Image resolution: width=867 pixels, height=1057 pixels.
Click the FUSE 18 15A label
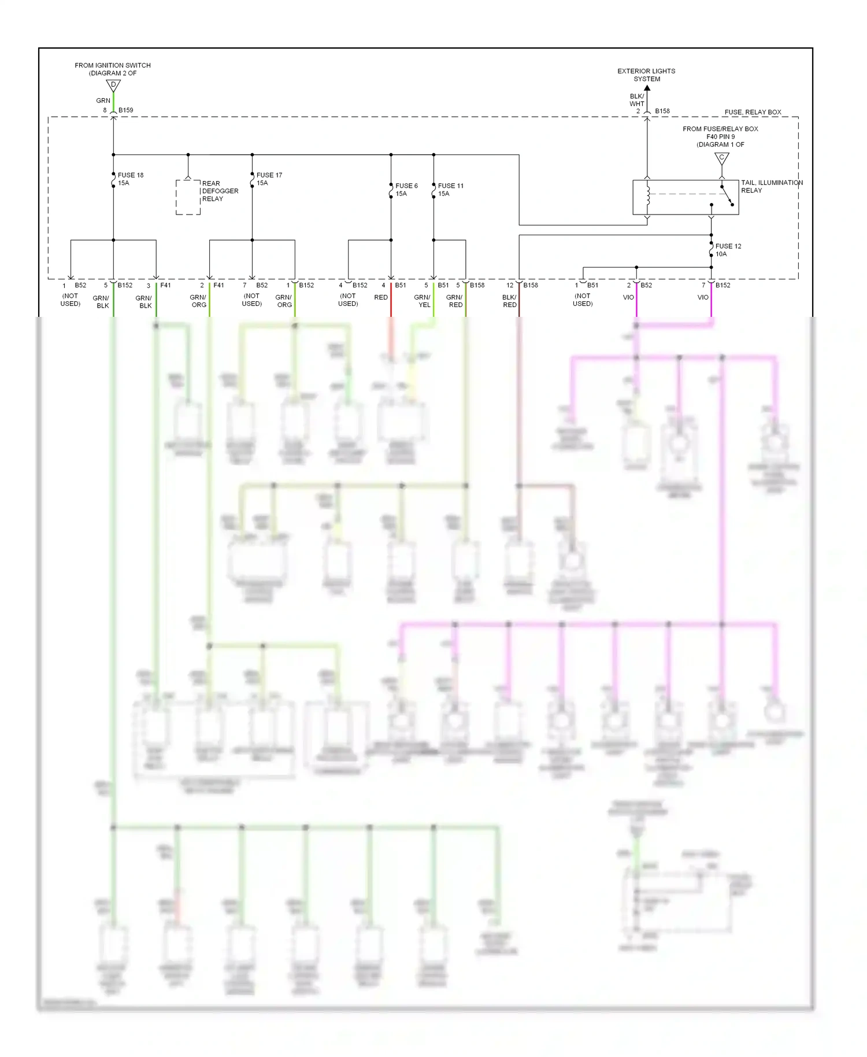tap(130, 179)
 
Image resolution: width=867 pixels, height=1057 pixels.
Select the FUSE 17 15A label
tap(269, 179)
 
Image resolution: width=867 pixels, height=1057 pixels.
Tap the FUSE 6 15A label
tap(406, 190)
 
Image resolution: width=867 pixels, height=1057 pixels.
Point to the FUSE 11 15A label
tap(450, 190)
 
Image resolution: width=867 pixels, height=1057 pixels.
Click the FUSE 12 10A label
tap(728, 250)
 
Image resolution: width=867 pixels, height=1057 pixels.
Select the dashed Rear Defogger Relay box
tap(188, 197)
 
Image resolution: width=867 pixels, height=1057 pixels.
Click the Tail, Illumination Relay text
tap(771, 186)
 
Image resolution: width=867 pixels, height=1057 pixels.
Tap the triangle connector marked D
tap(113, 86)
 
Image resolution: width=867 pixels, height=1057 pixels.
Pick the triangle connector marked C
tap(721, 158)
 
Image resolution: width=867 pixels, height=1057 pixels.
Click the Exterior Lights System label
tap(646, 75)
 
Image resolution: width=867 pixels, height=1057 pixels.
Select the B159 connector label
tap(125, 110)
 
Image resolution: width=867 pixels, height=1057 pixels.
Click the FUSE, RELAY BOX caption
tap(753, 112)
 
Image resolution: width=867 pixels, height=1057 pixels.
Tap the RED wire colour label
tap(381, 297)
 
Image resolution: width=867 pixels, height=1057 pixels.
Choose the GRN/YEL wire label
tap(423, 301)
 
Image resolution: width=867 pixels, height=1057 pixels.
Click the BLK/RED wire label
tap(509, 301)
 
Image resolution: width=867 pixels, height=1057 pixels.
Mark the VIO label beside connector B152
tap(702, 297)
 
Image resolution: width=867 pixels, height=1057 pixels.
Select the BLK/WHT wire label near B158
tap(636, 100)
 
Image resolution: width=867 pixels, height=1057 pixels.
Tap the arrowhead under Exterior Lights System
tap(647, 88)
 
